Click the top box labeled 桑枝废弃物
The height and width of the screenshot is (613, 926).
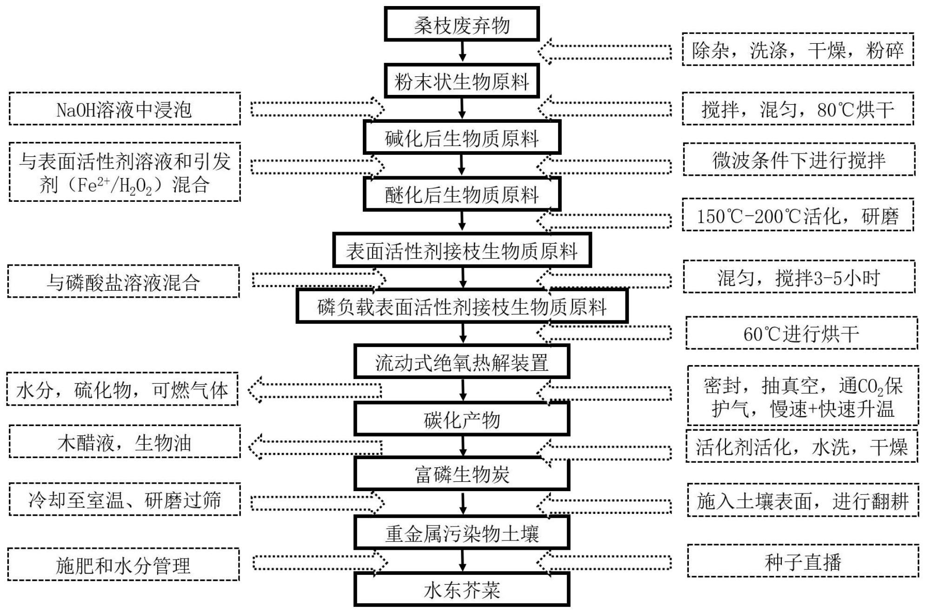point(461,24)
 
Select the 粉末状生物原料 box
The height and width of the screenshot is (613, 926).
point(461,82)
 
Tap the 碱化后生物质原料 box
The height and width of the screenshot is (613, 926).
point(461,138)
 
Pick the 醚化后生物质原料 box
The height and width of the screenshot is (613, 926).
point(461,194)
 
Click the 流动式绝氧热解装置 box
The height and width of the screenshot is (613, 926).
point(461,362)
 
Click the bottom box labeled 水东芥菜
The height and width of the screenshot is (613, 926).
point(461,590)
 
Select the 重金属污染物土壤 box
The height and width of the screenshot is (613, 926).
point(461,533)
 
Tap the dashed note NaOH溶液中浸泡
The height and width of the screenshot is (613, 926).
point(124,109)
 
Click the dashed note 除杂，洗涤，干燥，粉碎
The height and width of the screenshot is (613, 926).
point(798,50)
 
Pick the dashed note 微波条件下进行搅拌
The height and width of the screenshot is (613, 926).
point(799,160)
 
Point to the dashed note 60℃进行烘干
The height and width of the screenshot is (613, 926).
point(801,333)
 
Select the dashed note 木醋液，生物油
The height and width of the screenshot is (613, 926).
point(124,442)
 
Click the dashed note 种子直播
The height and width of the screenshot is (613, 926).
point(803,561)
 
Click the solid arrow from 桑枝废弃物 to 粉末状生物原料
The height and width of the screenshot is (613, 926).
point(462,51)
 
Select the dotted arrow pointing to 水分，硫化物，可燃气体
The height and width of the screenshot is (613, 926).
point(315,390)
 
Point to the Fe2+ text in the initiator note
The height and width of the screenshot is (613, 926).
point(91,185)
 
